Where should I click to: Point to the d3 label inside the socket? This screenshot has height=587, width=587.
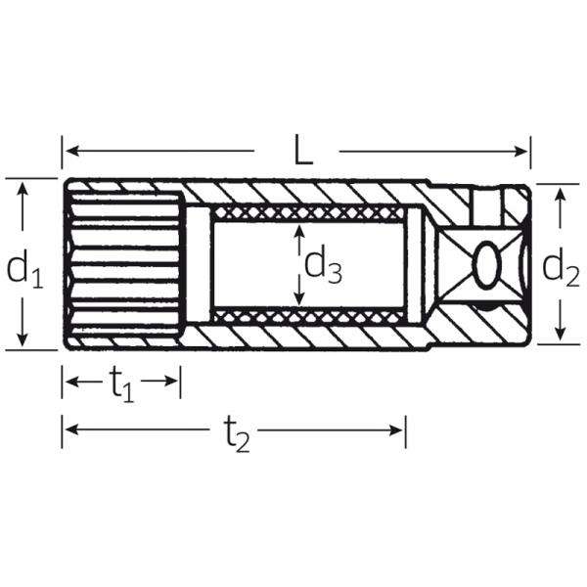tap(323, 265)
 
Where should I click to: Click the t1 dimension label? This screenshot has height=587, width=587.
tap(122, 384)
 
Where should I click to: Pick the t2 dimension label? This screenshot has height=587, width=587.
tap(237, 434)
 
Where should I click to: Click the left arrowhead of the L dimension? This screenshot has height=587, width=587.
tap(71, 152)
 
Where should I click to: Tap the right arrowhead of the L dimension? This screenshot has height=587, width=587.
tap(521, 152)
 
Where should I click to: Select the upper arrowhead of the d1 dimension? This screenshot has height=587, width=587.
tap(23, 188)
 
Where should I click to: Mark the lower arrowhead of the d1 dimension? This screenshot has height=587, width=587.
tap(23, 339)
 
